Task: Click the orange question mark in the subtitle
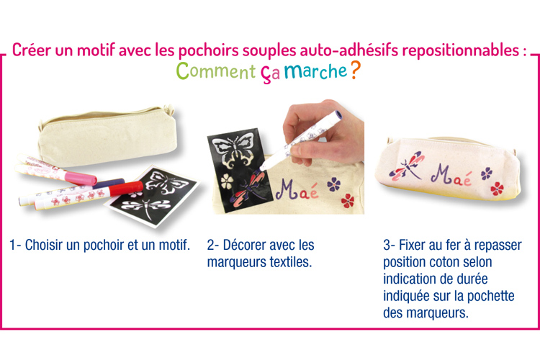[x=356, y=70]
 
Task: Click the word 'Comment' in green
[x=215, y=71]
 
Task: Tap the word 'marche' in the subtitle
[x=315, y=71]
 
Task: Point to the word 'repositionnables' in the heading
[x=461, y=50]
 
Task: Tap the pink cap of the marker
[x=81, y=179]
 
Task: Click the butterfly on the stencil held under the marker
[x=233, y=148]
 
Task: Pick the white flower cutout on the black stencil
[x=227, y=181]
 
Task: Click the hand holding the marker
[x=324, y=135]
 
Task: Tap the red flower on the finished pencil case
[x=497, y=189]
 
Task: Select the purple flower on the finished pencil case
[x=486, y=173]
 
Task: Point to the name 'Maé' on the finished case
[x=451, y=175]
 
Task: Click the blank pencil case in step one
[x=107, y=135]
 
